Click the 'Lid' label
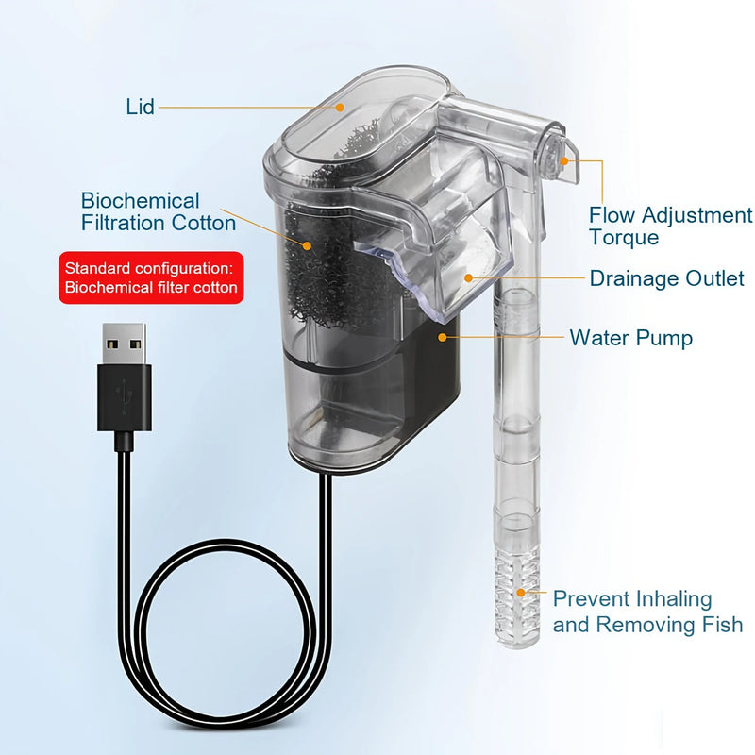tap(140, 106)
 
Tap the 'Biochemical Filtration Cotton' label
tap(158, 212)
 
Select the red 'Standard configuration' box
tap(151, 277)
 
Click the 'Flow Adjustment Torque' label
tap(670, 226)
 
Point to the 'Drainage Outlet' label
tap(666, 278)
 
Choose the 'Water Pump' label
tap(630, 337)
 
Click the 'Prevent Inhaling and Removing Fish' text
tap(647, 612)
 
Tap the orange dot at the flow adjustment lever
tap(564, 161)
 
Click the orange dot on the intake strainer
tap(519, 594)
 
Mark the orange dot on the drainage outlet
tap(469, 277)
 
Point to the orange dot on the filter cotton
tap(308, 244)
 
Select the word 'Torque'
tap(624, 238)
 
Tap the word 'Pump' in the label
tap(665, 337)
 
